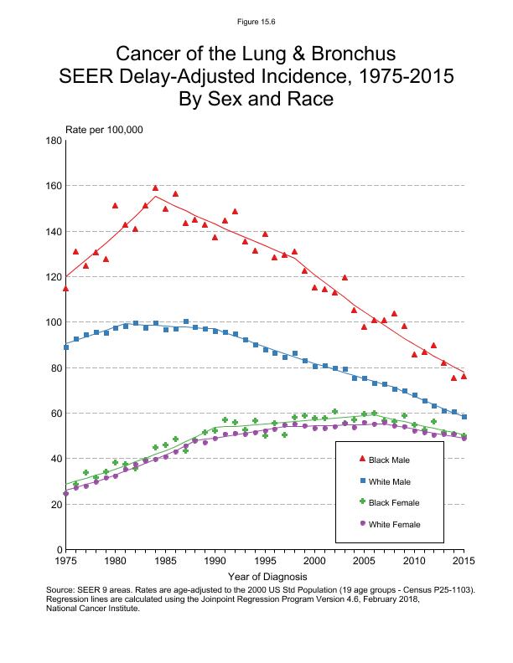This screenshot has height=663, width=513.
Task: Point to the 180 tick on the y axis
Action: [52, 141]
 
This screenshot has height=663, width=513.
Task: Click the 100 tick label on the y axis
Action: [52, 322]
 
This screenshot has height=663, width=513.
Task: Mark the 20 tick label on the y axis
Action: [54, 504]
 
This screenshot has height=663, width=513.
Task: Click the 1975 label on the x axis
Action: [65, 560]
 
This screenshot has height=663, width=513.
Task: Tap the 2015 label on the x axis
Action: [464, 560]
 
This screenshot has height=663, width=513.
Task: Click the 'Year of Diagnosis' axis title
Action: [267, 576]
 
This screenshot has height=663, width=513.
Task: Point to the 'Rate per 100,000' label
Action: [105, 129]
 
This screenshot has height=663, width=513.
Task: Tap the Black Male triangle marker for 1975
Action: [65, 288]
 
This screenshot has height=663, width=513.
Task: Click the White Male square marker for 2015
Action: [464, 417]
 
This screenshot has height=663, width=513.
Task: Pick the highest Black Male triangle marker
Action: [155, 188]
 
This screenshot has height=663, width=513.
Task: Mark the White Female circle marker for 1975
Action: [65, 493]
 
